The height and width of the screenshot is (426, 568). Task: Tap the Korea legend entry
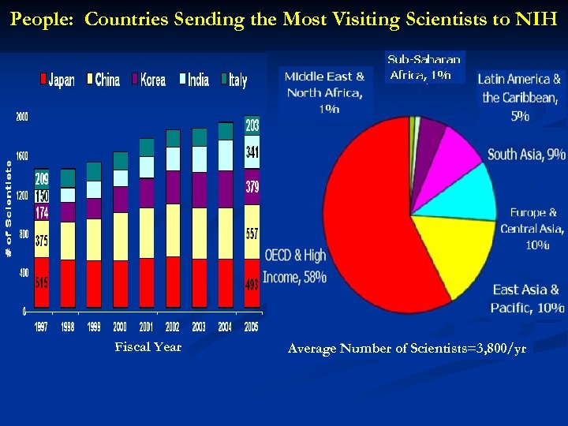tap(149, 80)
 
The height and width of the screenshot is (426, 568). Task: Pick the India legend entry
tap(194, 80)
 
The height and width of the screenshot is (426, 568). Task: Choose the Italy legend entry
tap(234, 80)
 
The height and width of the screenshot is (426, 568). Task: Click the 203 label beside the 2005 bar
tap(252, 125)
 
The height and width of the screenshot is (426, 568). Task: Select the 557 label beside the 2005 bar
tap(252, 234)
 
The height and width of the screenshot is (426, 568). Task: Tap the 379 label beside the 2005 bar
tap(252, 188)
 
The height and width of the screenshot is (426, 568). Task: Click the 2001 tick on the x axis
tap(147, 326)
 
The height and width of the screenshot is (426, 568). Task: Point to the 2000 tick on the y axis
tap(22, 118)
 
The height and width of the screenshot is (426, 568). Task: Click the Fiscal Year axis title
tap(148, 347)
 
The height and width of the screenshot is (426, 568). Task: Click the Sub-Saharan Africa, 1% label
tap(424, 68)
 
